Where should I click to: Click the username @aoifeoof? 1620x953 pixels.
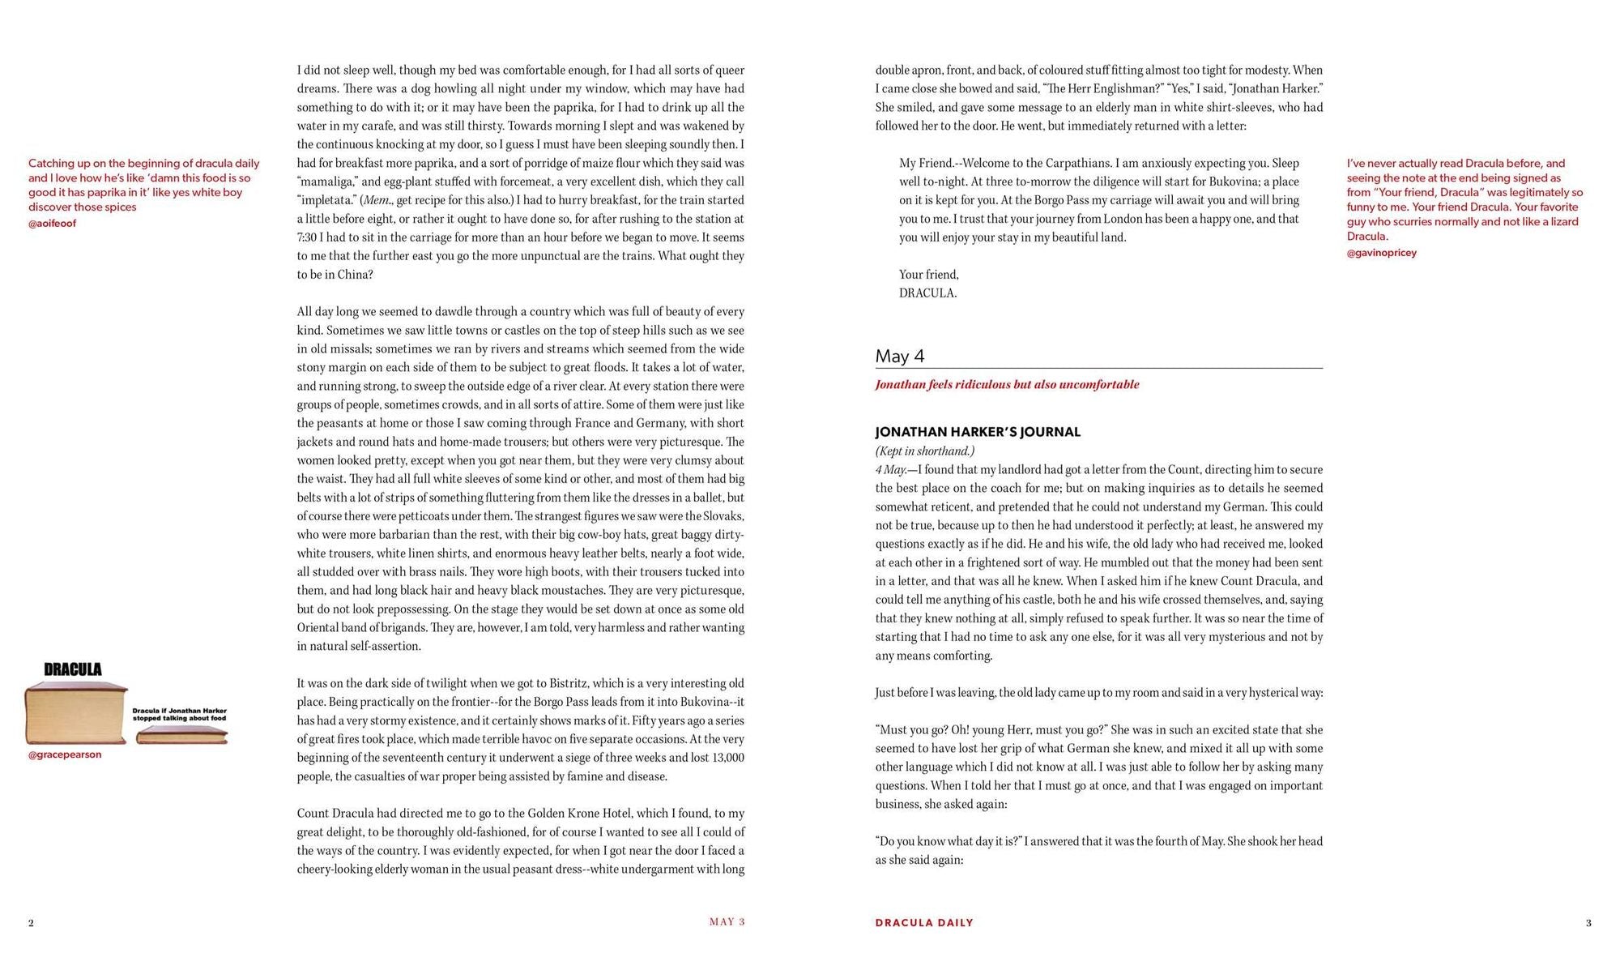coord(52,224)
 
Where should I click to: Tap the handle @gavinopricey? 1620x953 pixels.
coord(1381,253)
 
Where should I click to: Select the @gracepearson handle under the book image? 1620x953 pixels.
coord(65,754)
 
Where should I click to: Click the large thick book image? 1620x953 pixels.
coord(75,713)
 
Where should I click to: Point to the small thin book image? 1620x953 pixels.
coord(181,735)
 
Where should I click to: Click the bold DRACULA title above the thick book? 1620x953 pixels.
coord(73,669)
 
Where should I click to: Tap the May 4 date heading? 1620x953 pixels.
coord(899,356)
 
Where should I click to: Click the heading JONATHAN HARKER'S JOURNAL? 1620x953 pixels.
coord(978,432)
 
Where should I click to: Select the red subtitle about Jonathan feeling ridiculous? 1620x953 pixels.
coord(1007,384)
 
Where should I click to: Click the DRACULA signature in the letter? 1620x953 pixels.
coord(927,293)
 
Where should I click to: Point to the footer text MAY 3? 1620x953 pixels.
coord(727,921)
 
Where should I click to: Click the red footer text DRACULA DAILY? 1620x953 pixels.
coord(924,922)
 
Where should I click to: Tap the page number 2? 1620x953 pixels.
coord(31,922)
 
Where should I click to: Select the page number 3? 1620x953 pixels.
coord(1588,922)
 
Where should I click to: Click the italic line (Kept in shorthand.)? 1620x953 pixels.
coord(924,451)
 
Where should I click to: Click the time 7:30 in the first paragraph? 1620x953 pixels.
coord(306,237)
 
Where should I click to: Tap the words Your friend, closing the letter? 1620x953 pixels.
coord(928,275)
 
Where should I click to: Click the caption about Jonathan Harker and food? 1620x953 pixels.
coord(179,714)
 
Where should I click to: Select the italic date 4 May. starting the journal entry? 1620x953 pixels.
coord(890,470)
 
